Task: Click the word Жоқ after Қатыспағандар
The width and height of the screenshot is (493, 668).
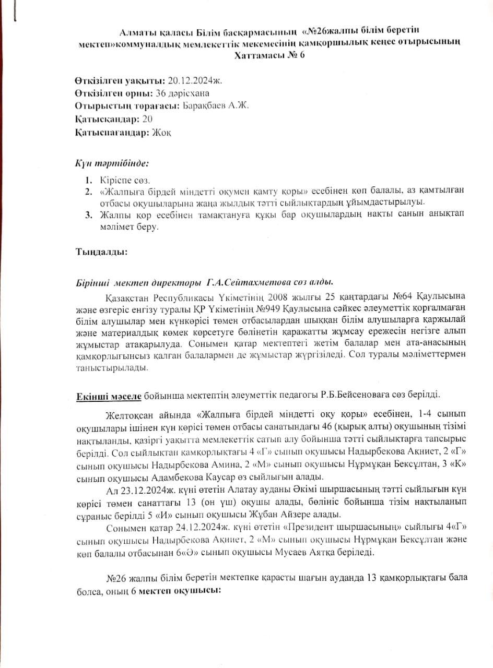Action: [162, 133]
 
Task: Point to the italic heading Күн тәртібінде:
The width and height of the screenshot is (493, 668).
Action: [112, 163]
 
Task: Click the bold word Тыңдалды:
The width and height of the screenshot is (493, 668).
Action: [101, 252]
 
